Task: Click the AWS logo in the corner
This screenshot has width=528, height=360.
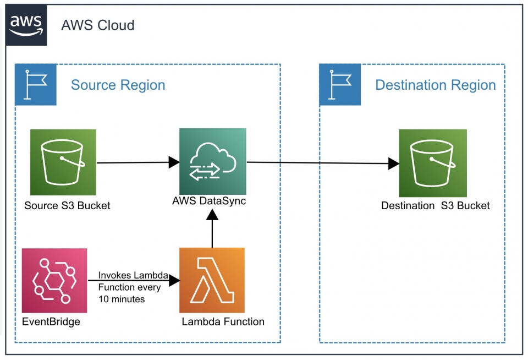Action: [26, 24]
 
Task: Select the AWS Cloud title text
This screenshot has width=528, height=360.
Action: [97, 25]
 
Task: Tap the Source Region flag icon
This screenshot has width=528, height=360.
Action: [35, 84]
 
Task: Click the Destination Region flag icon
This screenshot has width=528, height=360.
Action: [340, 84]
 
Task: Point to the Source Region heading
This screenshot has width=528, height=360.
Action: [118, 85]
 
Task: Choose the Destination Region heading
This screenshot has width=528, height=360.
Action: [435, 85]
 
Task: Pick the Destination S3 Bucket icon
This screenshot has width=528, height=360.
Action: [432, 163]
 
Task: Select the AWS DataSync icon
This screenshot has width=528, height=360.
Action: [212, 161]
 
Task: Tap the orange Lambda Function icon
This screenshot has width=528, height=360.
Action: [212, 280]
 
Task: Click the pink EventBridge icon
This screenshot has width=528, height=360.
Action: [54, 280]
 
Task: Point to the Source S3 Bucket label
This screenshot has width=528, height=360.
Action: [67, 206]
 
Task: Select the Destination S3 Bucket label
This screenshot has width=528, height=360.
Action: [435, 206]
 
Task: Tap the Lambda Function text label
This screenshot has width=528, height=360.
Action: [223, 321]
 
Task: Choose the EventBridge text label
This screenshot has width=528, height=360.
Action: [51, 321]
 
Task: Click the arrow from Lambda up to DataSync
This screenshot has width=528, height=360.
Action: [212, 231]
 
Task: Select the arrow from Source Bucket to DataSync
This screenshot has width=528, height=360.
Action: [135, 162]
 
